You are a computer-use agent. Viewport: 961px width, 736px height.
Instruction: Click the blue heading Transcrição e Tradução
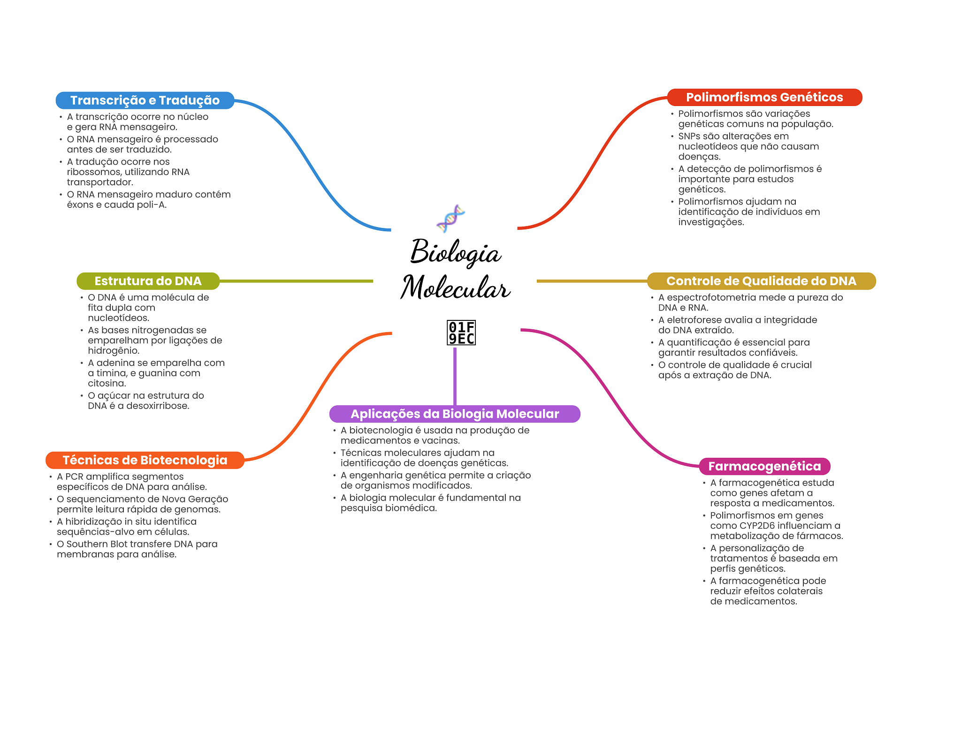145,100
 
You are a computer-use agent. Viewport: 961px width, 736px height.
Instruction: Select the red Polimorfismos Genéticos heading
764,97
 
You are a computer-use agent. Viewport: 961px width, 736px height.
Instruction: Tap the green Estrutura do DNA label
148,281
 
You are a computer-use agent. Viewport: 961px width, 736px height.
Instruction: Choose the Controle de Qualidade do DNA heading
761,281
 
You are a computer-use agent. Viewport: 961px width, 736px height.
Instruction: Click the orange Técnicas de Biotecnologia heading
145,460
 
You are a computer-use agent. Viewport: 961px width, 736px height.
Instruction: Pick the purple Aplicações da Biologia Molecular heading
455,414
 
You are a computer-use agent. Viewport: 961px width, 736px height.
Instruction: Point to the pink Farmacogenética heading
764,466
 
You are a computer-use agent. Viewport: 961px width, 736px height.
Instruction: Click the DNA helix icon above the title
450,218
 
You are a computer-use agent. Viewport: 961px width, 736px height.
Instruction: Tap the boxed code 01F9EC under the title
461,333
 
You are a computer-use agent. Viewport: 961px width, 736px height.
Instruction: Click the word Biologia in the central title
456,252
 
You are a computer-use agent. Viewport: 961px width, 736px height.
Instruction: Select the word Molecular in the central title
455,288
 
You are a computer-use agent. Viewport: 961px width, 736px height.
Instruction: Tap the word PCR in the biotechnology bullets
74,477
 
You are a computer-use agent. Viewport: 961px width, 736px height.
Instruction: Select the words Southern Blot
97,544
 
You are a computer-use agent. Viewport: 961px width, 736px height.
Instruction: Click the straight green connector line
296,281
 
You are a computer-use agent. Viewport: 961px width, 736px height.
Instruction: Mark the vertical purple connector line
455,375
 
